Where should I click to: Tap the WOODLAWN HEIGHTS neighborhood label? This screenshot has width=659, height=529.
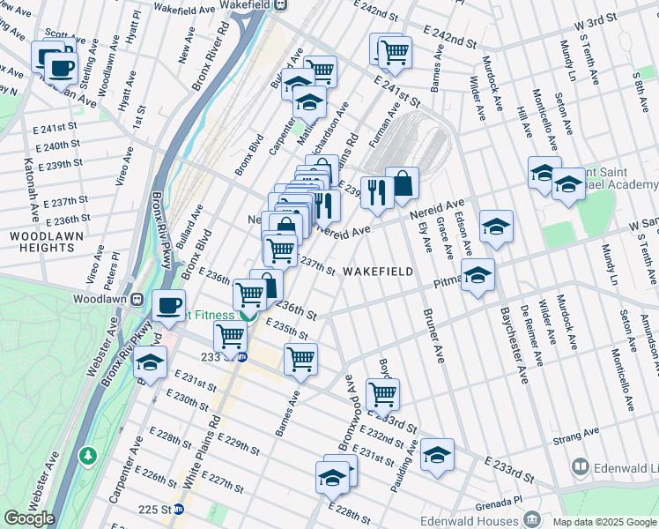click(x=41, y=242)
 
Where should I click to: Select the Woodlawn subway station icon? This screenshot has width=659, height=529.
click(x=137, y=299)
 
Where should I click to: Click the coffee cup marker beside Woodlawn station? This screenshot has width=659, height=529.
click(x=168, y=306)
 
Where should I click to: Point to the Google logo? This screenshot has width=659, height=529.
click(x=29, y=518)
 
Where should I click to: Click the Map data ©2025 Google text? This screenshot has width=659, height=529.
click(x=604, y=522)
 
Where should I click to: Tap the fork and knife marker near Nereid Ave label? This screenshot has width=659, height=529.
click(x=376, y=191)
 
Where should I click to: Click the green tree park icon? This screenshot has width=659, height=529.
click(x=87, y=456)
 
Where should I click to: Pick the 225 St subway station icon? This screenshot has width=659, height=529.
click(x=179, y=509)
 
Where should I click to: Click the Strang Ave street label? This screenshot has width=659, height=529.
click(x=576, y=434)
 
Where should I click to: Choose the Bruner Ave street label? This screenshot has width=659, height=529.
click(x=433, y=335)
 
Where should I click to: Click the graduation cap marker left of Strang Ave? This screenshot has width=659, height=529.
click(x=437, y=454)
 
